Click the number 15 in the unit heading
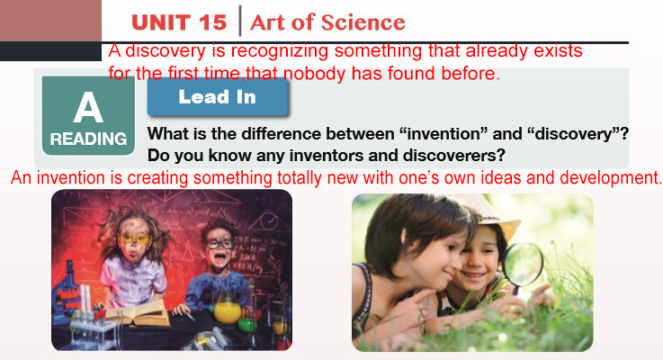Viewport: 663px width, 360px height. pyautogui.click(x=212, y=22)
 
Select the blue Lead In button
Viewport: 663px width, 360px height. pyautogui.click(x=218, y=97)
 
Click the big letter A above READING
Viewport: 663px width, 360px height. pyautogui.click(x=88, y=107)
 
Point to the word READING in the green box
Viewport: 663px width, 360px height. pyautogui.click(x=88, y=139)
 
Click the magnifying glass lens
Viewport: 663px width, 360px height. pyautogui.click(x=523, y=264)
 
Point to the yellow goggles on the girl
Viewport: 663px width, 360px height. pyautogui.click(x=134, y=239)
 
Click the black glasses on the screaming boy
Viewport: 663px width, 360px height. pyautogui.click(x=219, y=244)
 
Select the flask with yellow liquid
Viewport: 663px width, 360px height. pyautogui.click(x=227, y=308)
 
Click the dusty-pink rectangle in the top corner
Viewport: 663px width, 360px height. pyautogui.click(x=50, y=21)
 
